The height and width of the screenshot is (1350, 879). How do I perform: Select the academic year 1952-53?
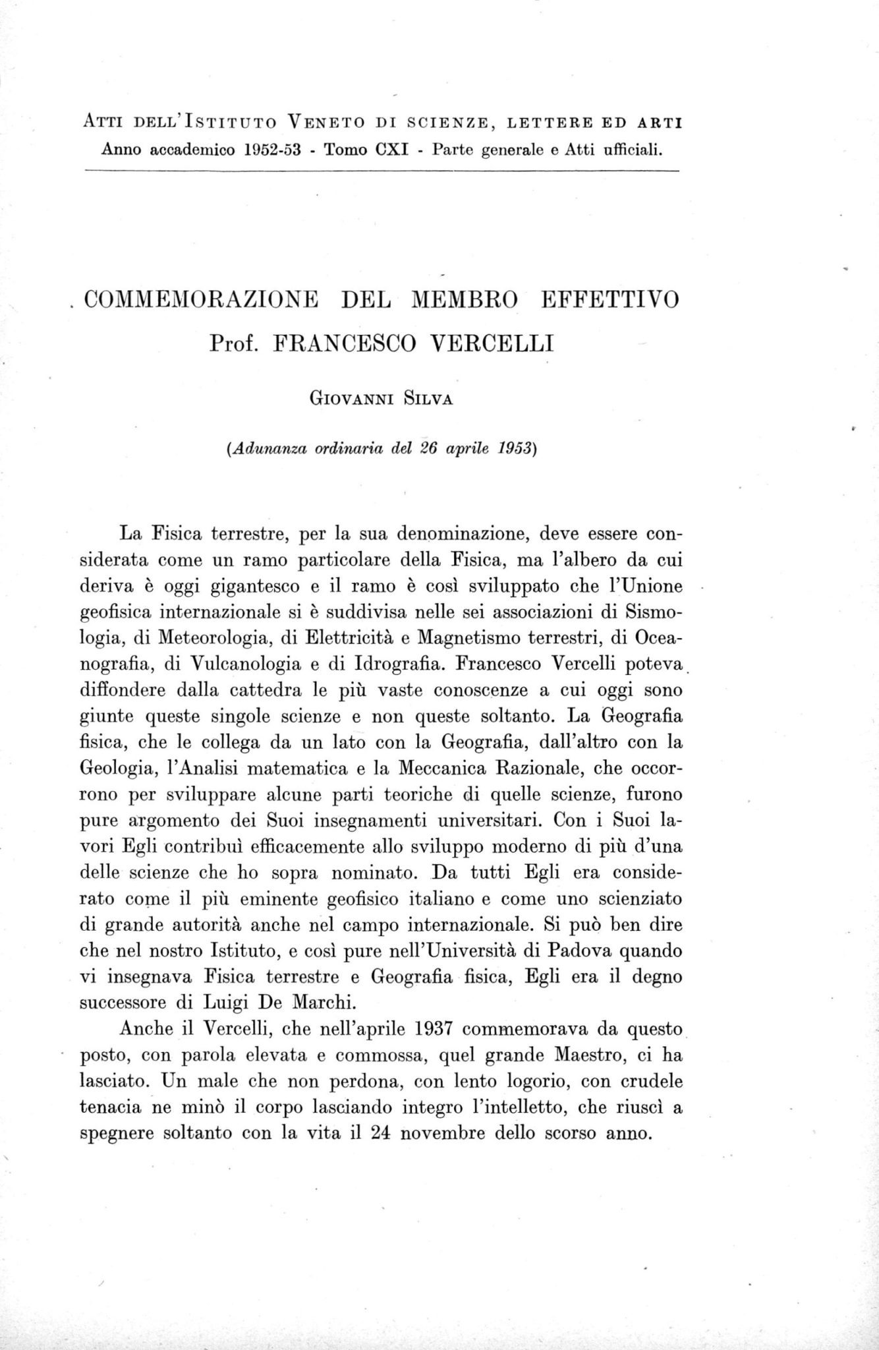click(271, 150)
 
